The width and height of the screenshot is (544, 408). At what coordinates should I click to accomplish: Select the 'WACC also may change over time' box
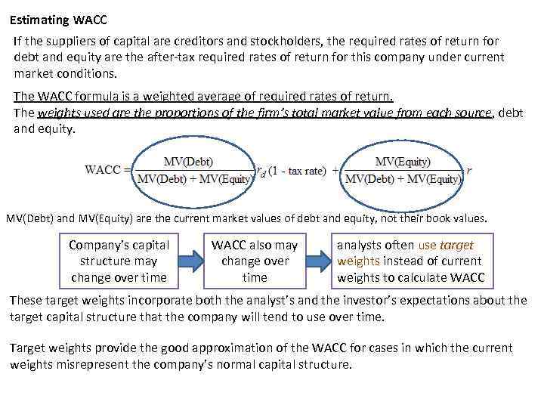pyautogui.click(x=255, y=261)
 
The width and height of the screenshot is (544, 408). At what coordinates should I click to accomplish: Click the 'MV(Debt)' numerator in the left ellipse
pyautogui.click(x=188, y=161)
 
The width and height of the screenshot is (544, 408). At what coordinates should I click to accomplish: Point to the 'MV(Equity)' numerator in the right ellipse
pyautogui.click(x=403, y=161)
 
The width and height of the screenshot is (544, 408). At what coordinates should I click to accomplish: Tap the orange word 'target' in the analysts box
pyautogui.click(x=456, y=246)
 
